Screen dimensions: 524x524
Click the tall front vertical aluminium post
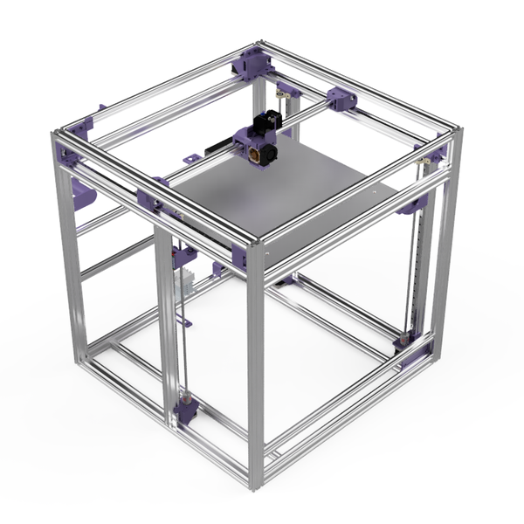[255, 367]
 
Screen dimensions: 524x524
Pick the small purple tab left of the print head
[190, 160]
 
